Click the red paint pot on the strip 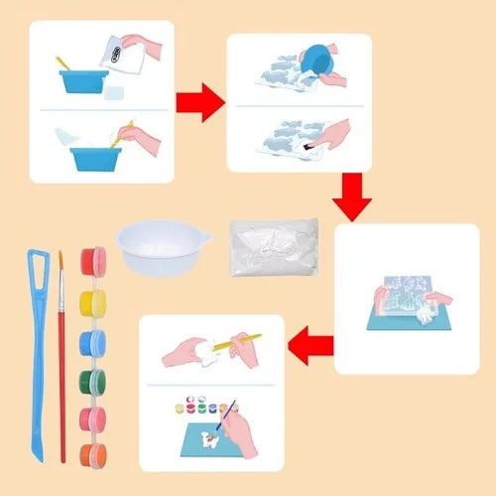92,262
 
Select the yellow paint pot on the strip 92,299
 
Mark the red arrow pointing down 351,198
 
